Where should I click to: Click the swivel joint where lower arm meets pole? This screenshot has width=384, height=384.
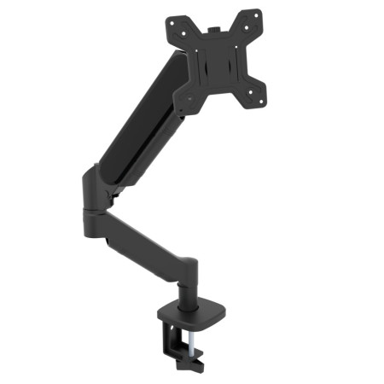coord(189,265)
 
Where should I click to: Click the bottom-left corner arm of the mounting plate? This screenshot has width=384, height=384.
coord(182,102)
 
